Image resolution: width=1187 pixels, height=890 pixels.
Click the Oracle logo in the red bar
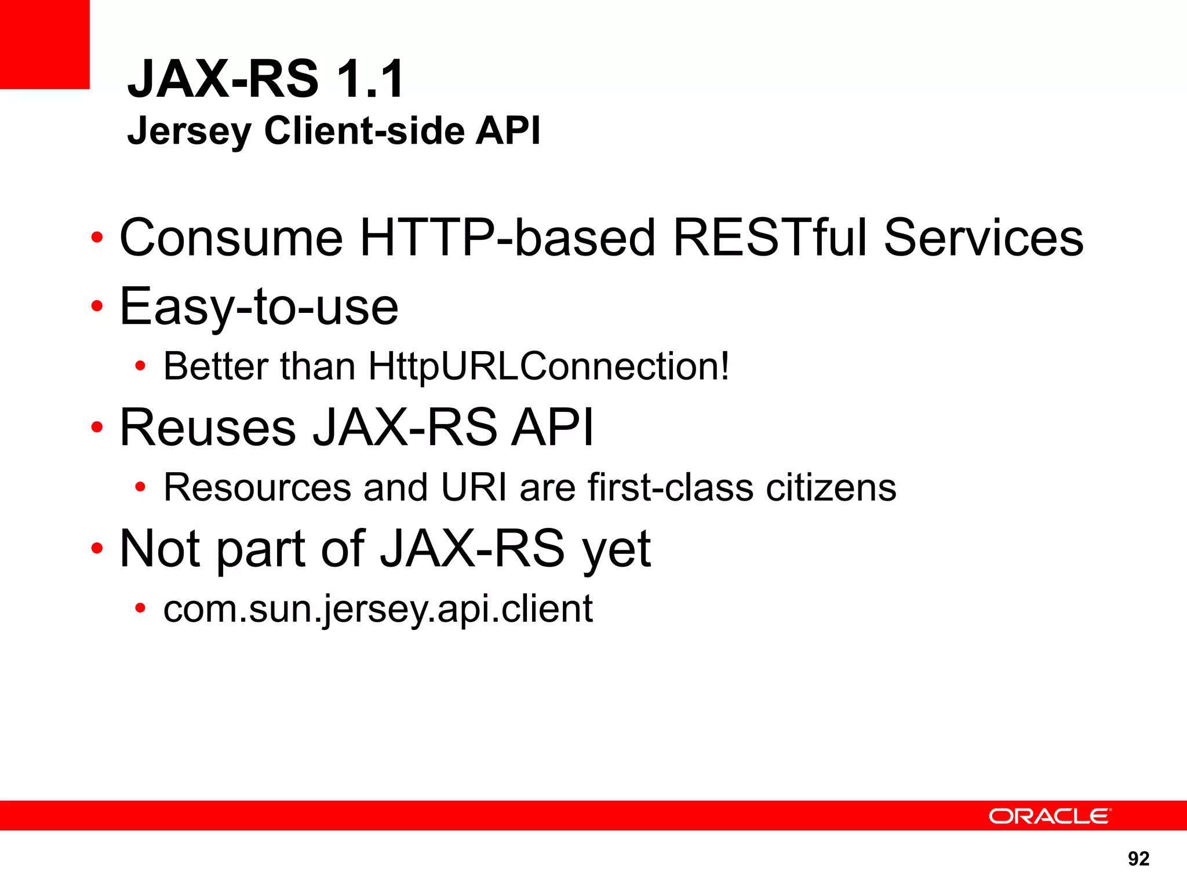pos(1050,816)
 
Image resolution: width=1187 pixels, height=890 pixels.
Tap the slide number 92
pos(1138,859)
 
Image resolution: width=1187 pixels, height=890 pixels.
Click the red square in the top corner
pos(45,45)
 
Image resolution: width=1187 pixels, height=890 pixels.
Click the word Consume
pos(231,238)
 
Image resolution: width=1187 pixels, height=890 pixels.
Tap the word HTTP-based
pos(507,238)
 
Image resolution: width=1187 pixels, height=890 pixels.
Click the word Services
pos(984,238)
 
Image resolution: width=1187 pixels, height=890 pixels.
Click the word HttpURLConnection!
pos(549,366)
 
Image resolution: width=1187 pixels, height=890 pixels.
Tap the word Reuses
pos(207,428)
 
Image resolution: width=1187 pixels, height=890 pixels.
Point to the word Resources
pos(257,487)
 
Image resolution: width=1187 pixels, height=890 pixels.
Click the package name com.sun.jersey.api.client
pos(378,609)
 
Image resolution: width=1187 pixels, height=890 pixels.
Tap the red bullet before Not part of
pos(97,548)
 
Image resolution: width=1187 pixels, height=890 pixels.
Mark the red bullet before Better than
pos(140,366)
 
